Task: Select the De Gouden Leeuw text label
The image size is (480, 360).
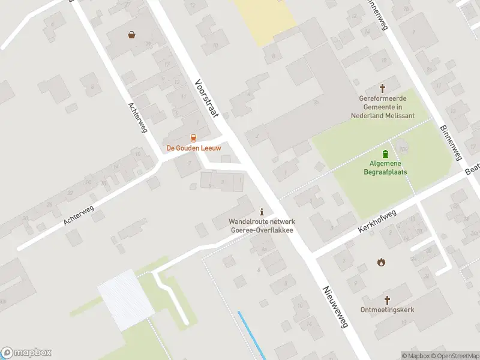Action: pos(193,148)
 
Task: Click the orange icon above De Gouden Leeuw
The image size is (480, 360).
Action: pos(193,137)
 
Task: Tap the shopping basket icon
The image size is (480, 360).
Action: pos(131,35)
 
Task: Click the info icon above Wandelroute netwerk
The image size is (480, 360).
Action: pos(261,212)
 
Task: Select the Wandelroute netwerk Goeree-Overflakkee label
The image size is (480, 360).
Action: pos(261,226)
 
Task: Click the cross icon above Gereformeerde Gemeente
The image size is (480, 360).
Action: pos(382,88)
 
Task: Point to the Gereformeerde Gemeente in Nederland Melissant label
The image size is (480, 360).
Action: pos(382,106)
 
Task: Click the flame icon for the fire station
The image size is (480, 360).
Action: pos(380,262)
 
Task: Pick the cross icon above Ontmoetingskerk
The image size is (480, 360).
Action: pos(388,299)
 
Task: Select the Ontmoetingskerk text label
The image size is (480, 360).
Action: pos(388,310)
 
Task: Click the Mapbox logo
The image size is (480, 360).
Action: pos(26,353)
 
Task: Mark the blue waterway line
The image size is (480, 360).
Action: pos(252,336)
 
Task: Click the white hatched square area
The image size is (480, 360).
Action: pos(125,299)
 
